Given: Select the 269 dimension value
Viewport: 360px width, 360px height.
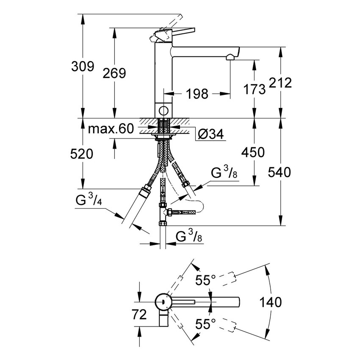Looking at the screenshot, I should click(114, 73).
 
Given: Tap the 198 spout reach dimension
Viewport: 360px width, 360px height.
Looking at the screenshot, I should click(196, 94).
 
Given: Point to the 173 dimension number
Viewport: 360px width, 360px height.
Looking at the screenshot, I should click(255, 89).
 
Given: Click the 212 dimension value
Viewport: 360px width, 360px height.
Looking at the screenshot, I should click(280, 83).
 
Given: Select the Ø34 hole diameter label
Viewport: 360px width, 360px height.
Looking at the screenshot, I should click(210, 135).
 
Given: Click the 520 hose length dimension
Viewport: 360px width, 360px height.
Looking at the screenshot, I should click(81, 154).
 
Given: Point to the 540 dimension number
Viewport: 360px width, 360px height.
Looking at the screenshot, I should click(279, 172).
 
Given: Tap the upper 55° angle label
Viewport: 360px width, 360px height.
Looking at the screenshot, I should click(205, 280).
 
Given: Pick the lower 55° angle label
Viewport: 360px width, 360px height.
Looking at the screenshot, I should click(205, 324).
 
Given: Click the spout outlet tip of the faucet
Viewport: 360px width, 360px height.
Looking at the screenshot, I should click(231, 56).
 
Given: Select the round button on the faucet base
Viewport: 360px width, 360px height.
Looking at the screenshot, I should click(163, 111).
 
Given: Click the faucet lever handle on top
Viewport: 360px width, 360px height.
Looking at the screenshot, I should click(174, 33).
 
